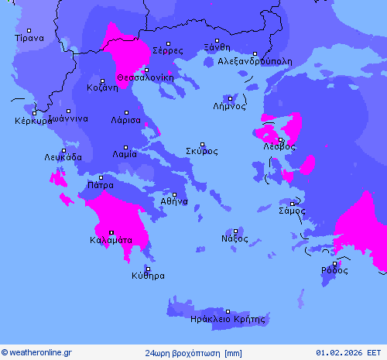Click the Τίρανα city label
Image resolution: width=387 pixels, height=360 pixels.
[x=29, y=37]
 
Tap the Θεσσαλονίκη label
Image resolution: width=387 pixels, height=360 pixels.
[x=146, y=77]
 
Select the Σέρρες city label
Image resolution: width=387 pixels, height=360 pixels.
[x=168, y=50]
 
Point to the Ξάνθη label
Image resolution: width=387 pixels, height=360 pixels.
[x=217, y=47]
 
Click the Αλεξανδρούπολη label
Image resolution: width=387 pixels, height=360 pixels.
[x=255, y=60]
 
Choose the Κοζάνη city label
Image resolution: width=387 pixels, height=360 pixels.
[x=102, y=87]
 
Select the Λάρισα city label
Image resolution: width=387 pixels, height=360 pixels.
[x=125, y=121]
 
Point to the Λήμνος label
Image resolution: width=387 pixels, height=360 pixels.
[x=230, y=107]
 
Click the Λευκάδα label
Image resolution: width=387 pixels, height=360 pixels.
[x=63, y=157]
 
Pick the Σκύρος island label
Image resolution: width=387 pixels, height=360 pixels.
[x=202, y=151]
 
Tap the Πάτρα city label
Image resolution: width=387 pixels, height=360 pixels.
[x=101, y=186]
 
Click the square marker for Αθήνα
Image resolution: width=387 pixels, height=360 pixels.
[x=174, y=195]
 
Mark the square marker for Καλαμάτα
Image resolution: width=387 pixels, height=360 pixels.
[x=111, y=232]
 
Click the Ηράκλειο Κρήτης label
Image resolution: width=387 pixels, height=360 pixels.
[x=228, y=318]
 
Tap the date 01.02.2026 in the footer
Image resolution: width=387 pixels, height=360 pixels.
[x=350, y=353]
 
